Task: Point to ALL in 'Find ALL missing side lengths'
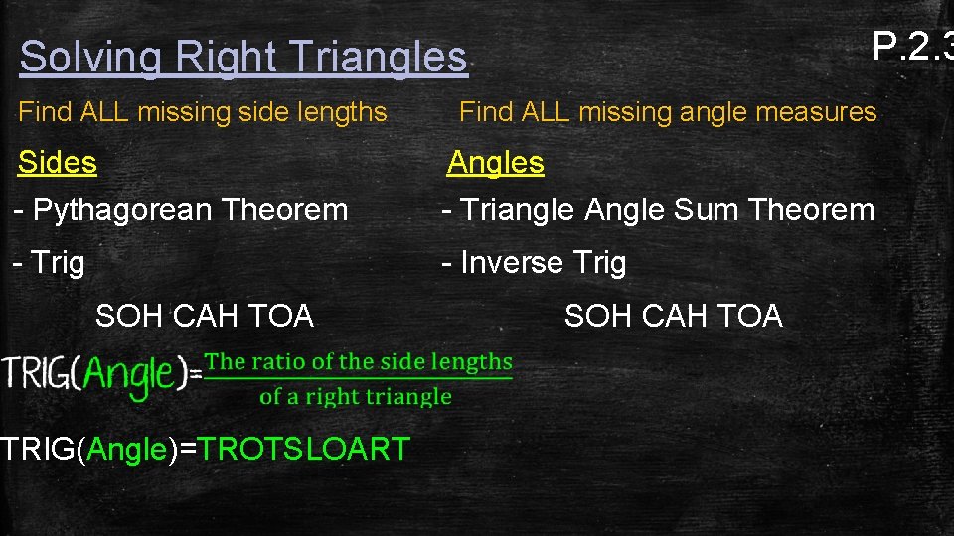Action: (x=101, y=112)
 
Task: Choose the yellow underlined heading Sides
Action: (x=58, y=162)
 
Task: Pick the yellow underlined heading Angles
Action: (x=495, y=162)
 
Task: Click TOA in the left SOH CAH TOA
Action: (x=280, y=316)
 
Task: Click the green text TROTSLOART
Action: (x=304, y=449)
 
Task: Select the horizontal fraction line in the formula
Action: (x=358, y=379)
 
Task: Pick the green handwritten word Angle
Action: (x=129, y=375)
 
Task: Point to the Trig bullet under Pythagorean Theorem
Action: (x=58, y=263)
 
